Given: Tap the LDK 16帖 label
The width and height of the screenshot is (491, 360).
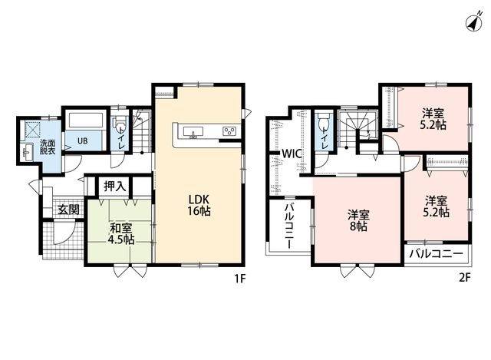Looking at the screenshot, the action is click(x=199, y=205).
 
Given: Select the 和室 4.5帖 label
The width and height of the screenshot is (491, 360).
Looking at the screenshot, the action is click(x=121, y=234).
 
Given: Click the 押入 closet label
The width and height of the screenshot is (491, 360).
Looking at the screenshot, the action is click(x=115, y=187).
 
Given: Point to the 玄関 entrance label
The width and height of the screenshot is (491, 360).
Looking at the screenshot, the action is click(x=68, y=210).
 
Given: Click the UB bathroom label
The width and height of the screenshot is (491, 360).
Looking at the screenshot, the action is click(x=83, y=141).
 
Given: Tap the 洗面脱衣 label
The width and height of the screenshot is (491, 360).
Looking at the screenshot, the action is click(x=48, y=147).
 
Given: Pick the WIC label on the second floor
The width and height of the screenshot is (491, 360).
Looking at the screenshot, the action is click(x=292, y=154).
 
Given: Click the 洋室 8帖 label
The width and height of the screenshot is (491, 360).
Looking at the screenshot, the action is click(x=358, y=220).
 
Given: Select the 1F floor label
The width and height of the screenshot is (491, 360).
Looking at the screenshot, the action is click(x=240, y=279).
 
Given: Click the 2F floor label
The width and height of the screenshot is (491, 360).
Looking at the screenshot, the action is click(x=465, y=278).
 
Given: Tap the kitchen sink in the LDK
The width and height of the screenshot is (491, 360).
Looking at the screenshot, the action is click(x=193, y=131).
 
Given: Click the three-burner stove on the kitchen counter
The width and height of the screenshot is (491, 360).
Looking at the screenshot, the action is click(x=229, y=131).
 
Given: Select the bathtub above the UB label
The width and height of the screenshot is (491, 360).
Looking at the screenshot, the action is click(x=86, y=121).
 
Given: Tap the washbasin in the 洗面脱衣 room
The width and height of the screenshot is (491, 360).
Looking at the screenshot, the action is click(x=28, y=153).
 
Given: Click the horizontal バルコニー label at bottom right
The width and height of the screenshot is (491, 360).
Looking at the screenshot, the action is click(x=437, y=254).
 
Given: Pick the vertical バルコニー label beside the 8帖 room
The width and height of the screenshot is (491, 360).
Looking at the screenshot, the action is click(x=289, y=226).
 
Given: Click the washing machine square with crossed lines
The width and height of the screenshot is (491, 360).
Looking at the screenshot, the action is click(x=33, y=130).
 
